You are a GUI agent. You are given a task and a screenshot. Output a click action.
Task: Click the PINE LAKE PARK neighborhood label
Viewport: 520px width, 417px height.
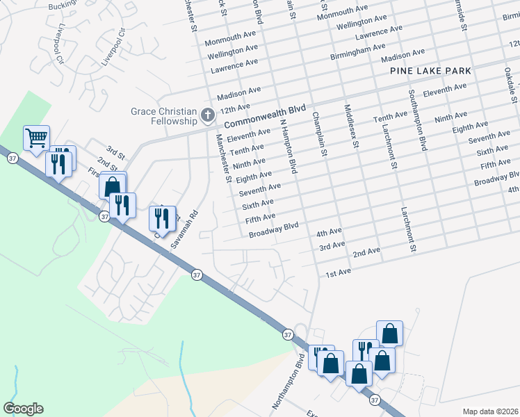pyautogui.click(x=430, y=71)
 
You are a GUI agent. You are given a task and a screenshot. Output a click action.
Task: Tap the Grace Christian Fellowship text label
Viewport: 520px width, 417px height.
pyautogui.click(x=163, y=116)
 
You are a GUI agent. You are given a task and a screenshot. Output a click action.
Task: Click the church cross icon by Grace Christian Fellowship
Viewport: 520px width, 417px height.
pyautogui.click(x=206, y=115)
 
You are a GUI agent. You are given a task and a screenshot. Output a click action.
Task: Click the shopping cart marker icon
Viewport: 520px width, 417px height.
pyautogui.click(x=36, y=136)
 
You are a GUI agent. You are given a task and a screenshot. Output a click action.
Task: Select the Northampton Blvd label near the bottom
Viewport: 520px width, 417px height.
pyautogui.click(x=288, y=382)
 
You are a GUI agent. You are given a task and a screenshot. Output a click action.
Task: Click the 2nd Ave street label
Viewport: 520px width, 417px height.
pyautogui.click(x=366, y=252)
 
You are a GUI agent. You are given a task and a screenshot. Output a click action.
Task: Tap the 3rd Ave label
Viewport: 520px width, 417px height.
pyautogui.click(x=332, y=245)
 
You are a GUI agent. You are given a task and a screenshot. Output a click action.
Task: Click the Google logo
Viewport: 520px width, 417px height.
pyautogui.click(x=23, y=409)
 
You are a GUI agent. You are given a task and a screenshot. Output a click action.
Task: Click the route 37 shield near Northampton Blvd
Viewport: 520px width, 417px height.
pyautogui.click(x=288, y=335)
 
